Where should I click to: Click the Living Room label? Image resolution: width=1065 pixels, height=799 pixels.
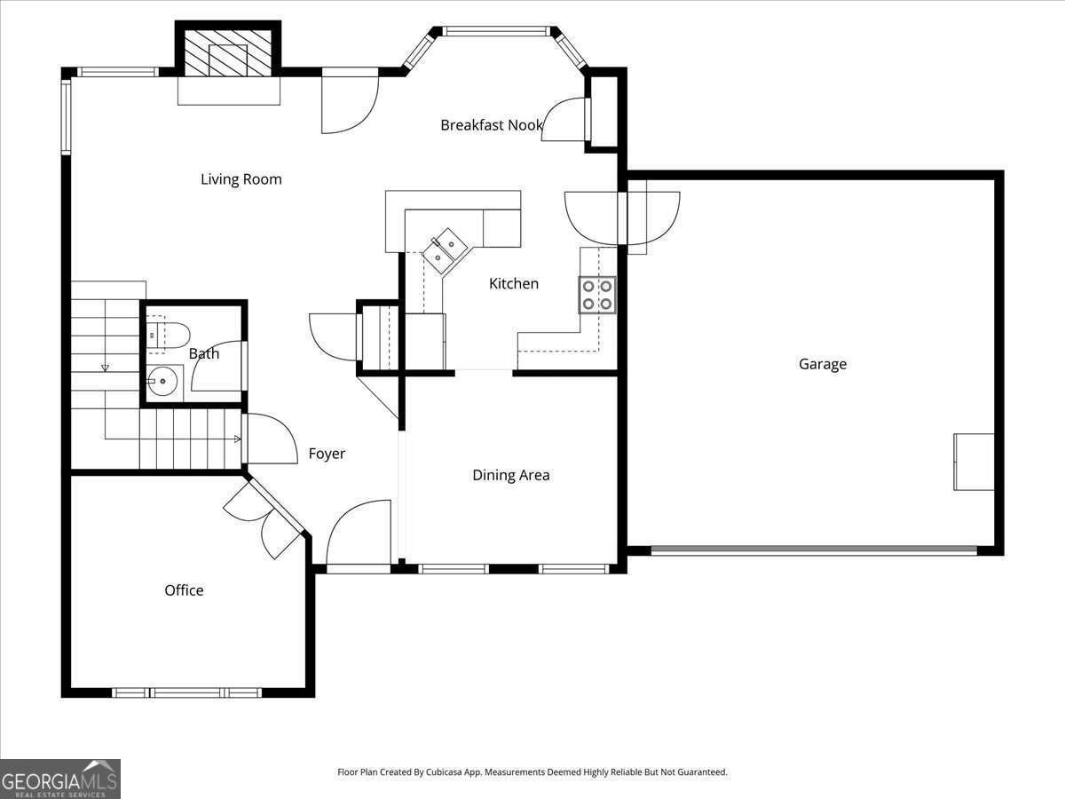click(241, 179)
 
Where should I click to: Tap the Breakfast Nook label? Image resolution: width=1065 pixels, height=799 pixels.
click(491, 125)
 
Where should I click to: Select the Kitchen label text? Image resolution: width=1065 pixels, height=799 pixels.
click(514, 284)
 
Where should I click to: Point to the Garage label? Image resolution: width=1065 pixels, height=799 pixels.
click(822, 364)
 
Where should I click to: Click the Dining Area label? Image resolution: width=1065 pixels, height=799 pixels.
click(510, 475)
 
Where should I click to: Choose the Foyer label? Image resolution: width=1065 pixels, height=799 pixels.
click(327, 454)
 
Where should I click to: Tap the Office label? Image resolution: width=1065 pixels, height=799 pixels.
click(184, 590)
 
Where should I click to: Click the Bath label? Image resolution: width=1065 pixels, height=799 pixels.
click(204, 353)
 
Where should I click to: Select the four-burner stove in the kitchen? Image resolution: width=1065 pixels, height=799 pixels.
click(597, 295)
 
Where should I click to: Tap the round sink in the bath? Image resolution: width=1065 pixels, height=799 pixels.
click(162, 383)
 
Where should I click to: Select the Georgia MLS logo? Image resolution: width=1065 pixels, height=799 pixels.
click(60, 779)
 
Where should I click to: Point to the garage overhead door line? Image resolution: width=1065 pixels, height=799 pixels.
click(814, 550)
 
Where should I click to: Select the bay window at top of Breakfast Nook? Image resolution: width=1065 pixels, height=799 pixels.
click(496, 32)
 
